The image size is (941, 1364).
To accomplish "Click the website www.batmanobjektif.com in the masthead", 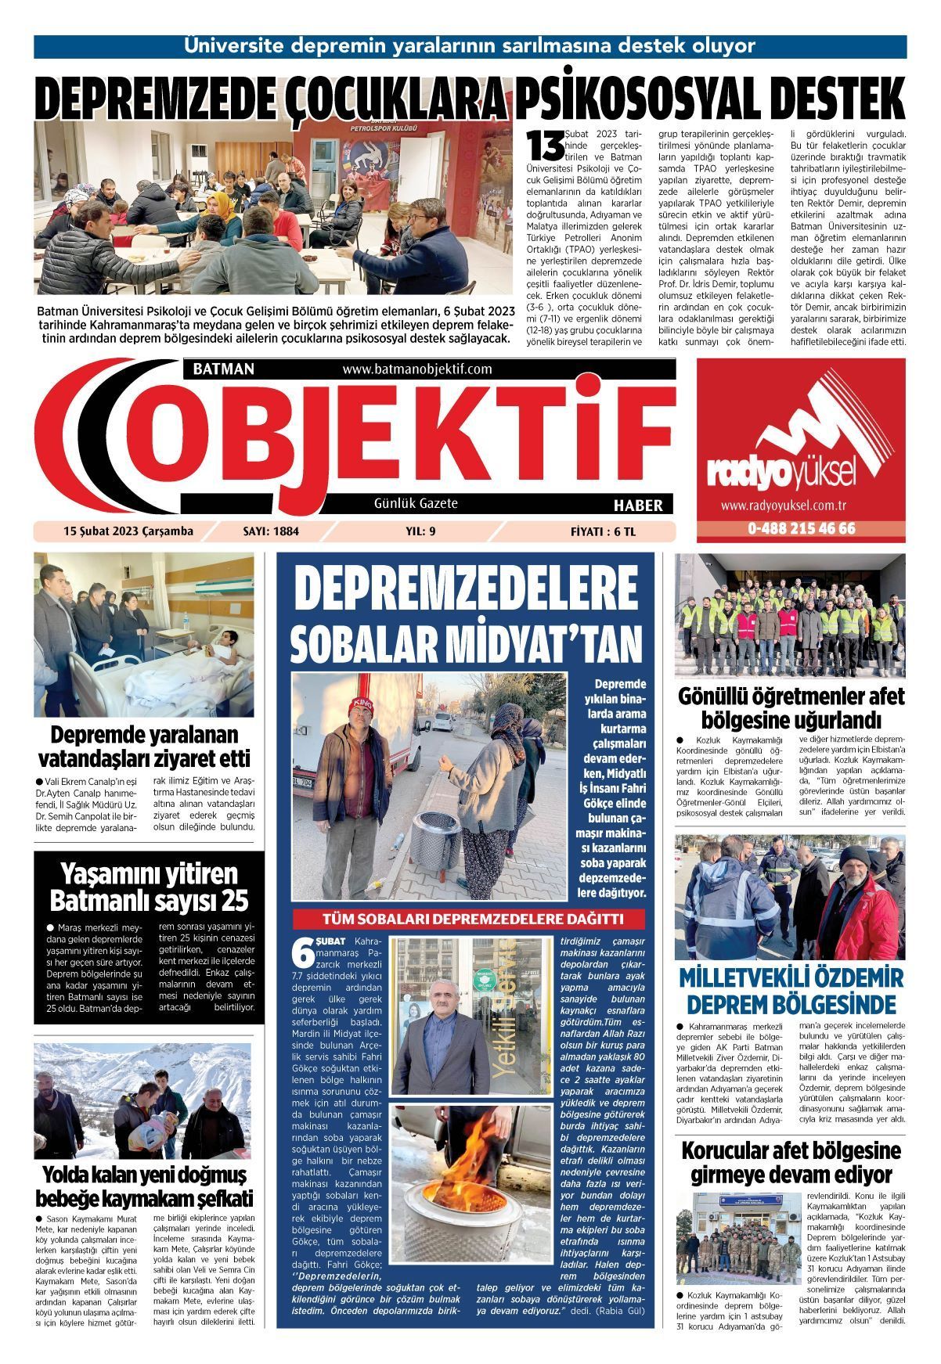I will [x=416, y=369].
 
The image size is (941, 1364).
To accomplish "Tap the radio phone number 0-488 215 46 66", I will [x=801, y=528].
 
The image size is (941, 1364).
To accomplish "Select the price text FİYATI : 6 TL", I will [x=604, y=531].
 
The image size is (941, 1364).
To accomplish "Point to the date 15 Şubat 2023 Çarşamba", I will [x=128, y=531].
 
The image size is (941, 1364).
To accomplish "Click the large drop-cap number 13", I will [x=544, y=143].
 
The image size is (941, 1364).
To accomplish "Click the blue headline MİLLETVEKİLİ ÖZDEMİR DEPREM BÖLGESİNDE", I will [x=791, y=990].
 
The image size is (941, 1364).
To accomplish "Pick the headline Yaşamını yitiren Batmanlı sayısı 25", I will [x=148, y=887].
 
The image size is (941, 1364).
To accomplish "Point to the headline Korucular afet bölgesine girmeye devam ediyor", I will [x=791, y=1162].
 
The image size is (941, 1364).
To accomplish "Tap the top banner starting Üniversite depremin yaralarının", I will [x=470, y=45].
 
